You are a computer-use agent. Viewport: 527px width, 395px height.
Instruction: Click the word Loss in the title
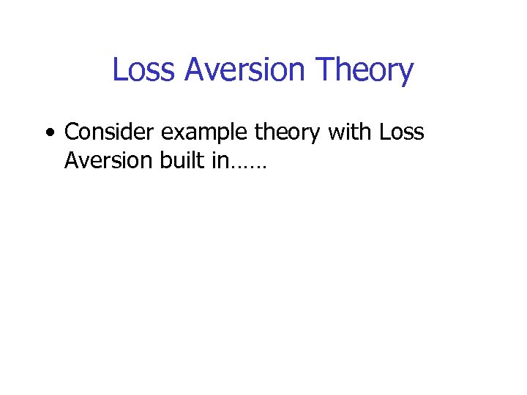click(144, 70)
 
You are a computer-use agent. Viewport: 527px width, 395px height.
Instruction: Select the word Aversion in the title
click(244, 70)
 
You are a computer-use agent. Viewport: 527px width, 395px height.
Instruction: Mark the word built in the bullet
click(182, 160)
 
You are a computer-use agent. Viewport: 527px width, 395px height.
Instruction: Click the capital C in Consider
click(72, 132)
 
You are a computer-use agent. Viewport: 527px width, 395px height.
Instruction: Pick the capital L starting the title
click(118, 70)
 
